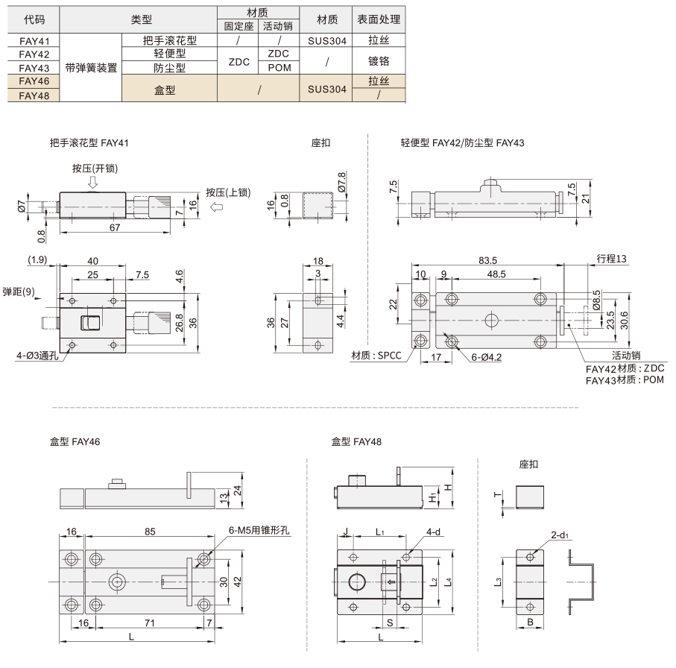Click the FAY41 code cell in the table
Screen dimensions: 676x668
34,41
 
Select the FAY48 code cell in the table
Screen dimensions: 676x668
34,95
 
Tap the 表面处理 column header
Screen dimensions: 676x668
379,19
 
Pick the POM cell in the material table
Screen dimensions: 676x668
279,68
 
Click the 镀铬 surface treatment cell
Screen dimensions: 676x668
379,61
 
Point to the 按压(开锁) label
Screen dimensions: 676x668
95,168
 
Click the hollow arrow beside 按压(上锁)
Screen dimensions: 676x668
216,207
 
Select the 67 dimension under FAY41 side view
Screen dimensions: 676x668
115,227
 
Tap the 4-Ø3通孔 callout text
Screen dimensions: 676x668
37,356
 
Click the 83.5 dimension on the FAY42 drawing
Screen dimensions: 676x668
487,260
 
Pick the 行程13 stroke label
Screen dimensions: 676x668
611,259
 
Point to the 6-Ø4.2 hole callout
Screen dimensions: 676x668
486,357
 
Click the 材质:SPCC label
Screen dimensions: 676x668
376,356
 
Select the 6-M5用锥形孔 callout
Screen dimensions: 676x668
259,530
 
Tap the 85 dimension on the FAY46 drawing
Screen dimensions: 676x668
150,532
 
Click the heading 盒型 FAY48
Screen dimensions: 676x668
356,441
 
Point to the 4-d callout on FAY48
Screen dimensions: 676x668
433,532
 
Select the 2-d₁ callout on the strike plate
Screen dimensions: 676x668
559,535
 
